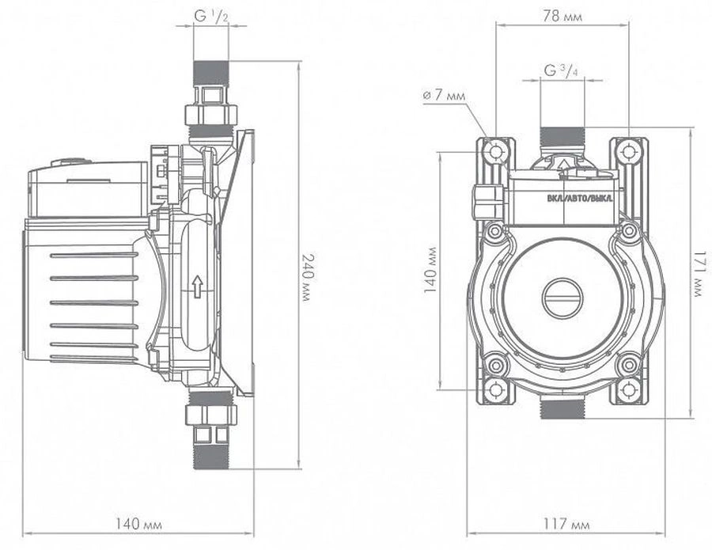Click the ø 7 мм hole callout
click(x=446, y=96)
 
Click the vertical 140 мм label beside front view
click(x=430, y=270)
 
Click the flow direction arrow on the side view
click(x=196, y=287)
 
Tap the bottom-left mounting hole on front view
click(x=496, y=389)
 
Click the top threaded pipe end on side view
click(x=210, y=71)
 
